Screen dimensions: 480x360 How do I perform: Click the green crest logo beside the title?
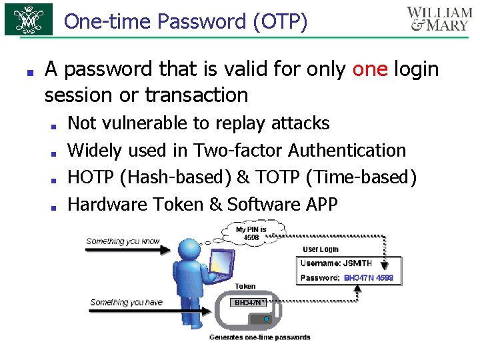[29, 20]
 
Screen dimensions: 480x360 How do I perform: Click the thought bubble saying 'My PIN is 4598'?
[251, 233]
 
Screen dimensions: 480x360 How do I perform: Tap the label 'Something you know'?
[123, 241]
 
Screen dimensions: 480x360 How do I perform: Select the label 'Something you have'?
[126, 302]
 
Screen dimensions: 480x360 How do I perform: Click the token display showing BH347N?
[249, 302]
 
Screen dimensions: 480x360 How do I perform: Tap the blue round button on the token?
[267, 319]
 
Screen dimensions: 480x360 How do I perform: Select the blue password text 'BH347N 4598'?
[369, 277]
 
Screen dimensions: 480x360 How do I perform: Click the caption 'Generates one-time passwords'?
[260, 337]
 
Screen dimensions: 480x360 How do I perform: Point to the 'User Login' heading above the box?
[321, 249]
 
